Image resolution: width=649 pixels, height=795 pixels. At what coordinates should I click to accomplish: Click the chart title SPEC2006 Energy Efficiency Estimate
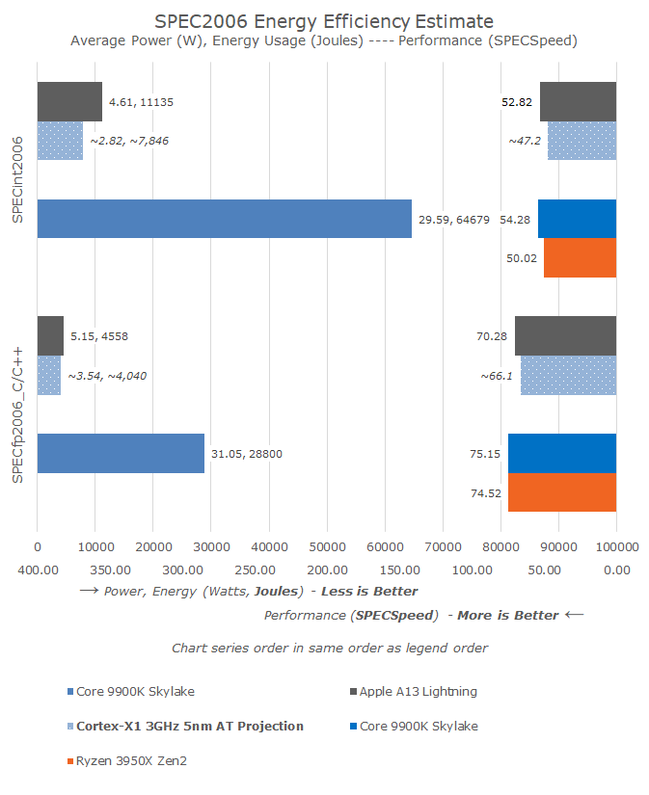coord(324,21)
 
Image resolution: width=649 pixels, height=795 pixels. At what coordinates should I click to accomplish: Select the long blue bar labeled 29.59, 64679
coord(224,219)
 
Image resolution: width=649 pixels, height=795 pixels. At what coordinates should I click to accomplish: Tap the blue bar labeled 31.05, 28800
coord(121,453)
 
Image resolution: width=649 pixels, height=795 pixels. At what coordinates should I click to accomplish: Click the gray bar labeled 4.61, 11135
coord(69,101)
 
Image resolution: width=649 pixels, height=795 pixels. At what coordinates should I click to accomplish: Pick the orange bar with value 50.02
coord(580,258)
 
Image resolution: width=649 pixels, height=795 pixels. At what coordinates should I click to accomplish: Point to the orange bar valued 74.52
coord(561,492)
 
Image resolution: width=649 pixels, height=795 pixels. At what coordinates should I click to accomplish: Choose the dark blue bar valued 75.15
coord(561,453)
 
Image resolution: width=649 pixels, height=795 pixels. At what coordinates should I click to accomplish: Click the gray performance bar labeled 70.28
coord(565,335)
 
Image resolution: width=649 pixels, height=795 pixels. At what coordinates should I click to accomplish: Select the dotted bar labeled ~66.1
coord(568,375)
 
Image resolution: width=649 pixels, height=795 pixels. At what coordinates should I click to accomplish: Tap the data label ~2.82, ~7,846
coord(130,141)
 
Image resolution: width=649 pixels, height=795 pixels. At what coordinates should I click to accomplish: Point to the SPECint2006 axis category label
coord(18,180)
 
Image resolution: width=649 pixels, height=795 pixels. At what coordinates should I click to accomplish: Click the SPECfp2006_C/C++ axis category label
coord(18,413)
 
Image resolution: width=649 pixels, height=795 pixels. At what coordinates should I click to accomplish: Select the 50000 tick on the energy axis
coord(326,546)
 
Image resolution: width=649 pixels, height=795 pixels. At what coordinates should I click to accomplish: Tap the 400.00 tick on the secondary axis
coord(38,570)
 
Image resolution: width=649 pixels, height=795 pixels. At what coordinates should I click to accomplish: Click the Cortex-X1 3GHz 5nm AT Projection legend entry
coord(185,726)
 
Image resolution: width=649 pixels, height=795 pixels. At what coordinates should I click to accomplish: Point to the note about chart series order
coord(329,648)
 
